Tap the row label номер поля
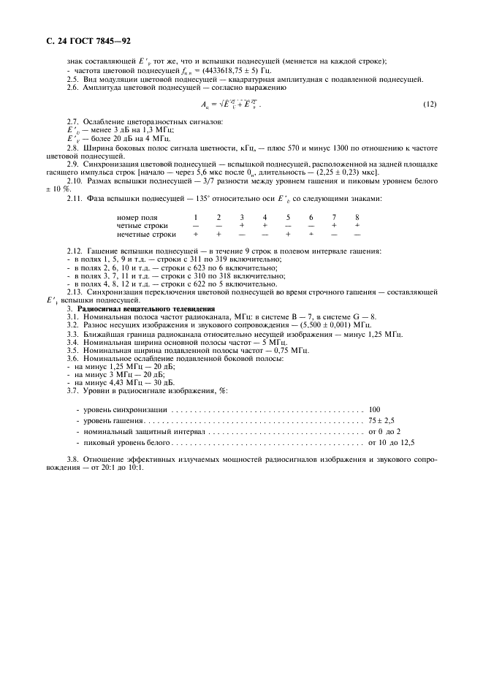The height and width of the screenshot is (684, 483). pyautogui.click(x=137, y=218)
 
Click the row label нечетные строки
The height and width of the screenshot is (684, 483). pyautogui.click(x=147, y=235)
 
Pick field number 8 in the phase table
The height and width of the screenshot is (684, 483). pyautogui.click(x=357, y=218)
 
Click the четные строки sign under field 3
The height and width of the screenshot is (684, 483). pyautogui.click(x=242, y=226)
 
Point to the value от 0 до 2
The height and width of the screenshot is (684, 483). pyautogui.click(x=385, y=433)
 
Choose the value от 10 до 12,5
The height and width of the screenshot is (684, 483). pyautogui.click(x=391, y=443)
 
